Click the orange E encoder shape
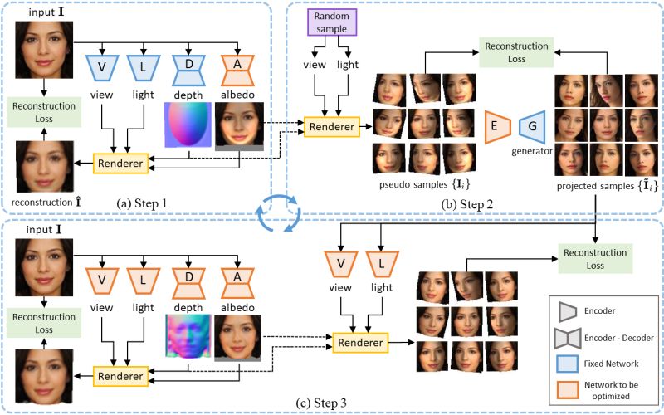point(499,126)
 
